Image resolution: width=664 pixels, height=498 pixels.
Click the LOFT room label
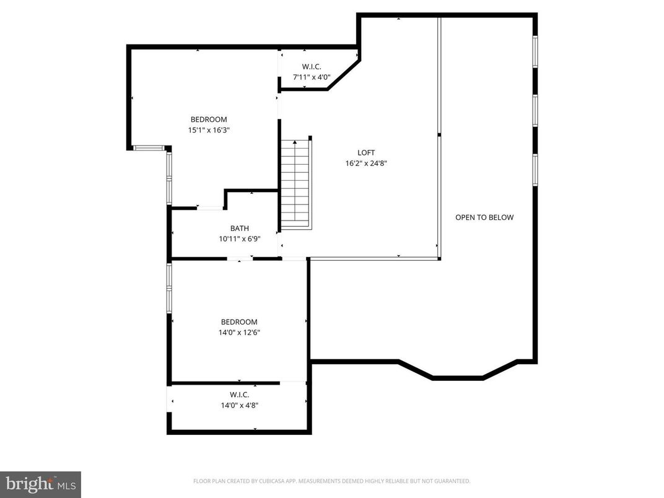[366, 153]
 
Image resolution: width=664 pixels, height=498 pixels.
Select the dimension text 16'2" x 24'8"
[366, 164]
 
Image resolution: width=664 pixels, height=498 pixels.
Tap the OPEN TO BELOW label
[484, 217]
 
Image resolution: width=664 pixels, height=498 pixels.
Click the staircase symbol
[295, 184]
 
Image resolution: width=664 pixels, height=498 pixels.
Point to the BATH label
[239, 229]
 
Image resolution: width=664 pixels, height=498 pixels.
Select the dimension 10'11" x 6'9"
[239, 238]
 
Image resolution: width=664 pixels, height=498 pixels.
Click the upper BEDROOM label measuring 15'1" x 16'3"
[208, 120]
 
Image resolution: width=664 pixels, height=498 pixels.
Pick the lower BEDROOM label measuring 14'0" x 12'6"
[239, 322]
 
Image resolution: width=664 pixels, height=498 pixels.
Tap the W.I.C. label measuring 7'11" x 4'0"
[312, 67]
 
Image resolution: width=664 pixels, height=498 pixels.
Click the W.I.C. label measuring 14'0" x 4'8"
[239, 395]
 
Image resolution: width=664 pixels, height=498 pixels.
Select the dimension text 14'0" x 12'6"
[239, 333]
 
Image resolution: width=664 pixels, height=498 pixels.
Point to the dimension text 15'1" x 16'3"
[208, 130]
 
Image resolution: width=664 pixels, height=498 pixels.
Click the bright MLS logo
[40, 484]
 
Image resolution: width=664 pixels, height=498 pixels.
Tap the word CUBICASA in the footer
[282, 481]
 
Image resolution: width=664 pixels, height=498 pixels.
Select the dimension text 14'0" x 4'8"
[239, 405]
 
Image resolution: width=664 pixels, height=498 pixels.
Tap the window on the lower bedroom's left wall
[168, 287]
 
